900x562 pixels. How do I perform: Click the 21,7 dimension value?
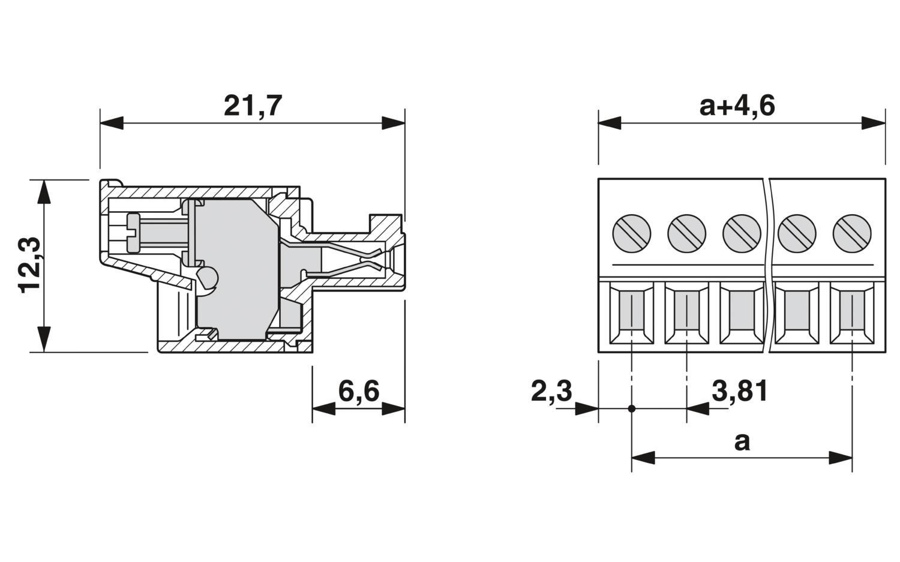point(253,106)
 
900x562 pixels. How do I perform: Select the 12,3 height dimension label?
point(30,265)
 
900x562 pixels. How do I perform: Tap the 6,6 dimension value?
point(359,392)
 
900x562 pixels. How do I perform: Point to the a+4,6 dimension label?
point(737,106)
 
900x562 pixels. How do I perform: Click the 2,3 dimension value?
point(551,392)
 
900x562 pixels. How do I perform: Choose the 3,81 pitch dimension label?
point(740,392)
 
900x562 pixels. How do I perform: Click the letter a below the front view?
point(742,442)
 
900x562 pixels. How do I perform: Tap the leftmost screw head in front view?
point(632,233)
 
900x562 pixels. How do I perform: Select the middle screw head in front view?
point(742,233)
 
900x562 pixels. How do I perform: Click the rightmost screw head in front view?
point(852,233)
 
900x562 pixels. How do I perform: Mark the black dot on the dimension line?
point(632,409)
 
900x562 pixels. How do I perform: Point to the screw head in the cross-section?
point(133,233)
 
